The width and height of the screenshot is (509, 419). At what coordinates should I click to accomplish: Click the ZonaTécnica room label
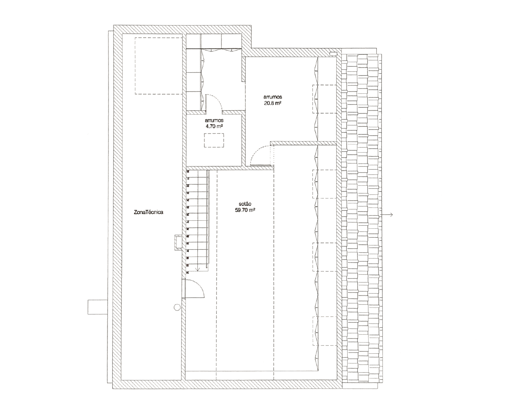click(x=149, y=212)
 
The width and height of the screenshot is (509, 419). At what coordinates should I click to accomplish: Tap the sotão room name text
click(x=245, y=204)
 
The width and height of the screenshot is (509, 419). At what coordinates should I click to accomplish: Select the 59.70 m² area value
click(x=245, y=210)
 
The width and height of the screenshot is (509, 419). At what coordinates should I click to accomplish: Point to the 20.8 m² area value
click(x=273, y=103)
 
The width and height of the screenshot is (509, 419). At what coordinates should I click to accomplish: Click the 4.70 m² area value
click(x=214, y=126)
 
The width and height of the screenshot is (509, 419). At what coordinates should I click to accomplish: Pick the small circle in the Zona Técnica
click(x=177, y=307)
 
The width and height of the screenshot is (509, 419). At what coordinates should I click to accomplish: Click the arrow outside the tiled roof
click(x=387, y=215)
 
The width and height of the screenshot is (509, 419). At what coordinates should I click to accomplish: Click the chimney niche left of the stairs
click(x=178, y=242)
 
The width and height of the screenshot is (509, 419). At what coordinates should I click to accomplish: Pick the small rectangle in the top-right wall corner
click(x=333, y=54)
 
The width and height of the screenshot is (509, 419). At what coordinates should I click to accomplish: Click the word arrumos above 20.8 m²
click(x=273, y=97)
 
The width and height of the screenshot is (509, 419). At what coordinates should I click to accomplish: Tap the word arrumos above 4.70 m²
click(x=214, y=120)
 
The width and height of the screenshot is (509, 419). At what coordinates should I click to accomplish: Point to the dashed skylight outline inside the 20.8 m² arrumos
click(x=324, y=99)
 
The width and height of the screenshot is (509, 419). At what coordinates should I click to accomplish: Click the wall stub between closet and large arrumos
click(x=243, y=69)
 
